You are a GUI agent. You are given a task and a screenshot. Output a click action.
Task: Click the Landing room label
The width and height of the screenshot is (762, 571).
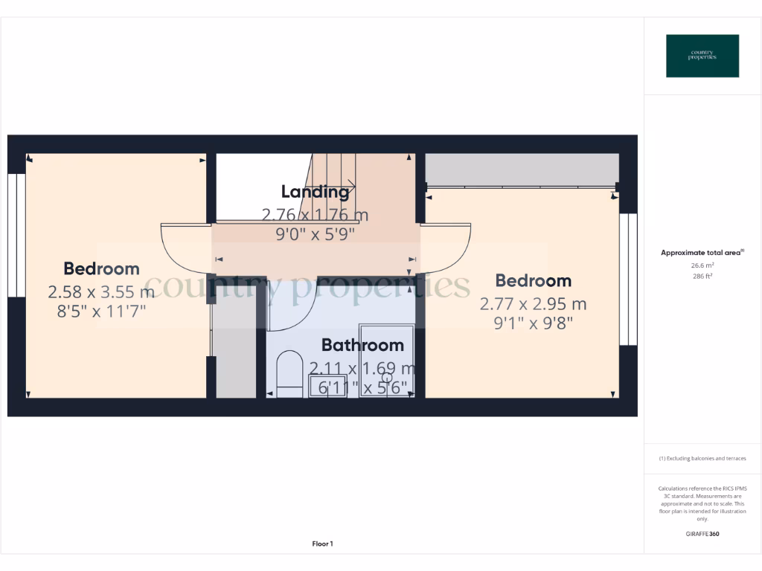pos(315,192)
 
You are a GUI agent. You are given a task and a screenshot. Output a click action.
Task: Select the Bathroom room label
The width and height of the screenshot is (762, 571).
pos(362,345)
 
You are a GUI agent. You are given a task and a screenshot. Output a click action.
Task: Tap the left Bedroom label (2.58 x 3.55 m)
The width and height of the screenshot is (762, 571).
pos(101,269)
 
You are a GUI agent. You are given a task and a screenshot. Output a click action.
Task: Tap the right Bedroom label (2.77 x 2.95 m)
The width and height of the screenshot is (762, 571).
pos(534,280)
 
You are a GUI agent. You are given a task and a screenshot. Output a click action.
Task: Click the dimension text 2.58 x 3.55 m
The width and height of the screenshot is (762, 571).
pos(101,291)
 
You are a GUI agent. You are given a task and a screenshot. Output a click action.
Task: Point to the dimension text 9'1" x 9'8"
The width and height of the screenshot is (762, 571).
pos(533,324)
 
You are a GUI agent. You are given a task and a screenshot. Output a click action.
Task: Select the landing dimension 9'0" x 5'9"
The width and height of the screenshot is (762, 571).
pos(315,234)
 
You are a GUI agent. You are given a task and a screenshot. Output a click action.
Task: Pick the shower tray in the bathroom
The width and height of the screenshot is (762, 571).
pos(387,361)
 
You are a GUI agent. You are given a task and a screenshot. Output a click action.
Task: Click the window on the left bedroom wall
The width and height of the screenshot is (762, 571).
pos(13,236)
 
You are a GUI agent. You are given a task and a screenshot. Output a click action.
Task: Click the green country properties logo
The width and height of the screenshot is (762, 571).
pos(702,56)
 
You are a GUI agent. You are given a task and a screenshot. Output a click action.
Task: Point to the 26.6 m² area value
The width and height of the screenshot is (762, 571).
pos(702,265)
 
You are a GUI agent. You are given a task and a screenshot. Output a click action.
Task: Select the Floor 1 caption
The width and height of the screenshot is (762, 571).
pos(322,544)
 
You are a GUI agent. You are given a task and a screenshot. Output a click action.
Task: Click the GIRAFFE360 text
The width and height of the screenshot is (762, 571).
pos(702,534)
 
